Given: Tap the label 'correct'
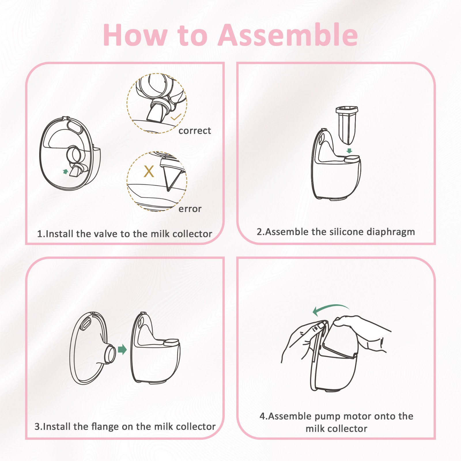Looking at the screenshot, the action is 195,131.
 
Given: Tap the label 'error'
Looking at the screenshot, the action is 190,209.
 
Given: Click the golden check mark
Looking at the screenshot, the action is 176,117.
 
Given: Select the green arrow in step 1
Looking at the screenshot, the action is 66,171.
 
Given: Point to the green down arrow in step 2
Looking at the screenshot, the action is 349,151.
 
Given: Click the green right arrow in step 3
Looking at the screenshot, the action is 122,349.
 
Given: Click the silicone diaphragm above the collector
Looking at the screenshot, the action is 347,125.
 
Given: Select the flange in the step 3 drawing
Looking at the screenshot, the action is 92,348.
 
